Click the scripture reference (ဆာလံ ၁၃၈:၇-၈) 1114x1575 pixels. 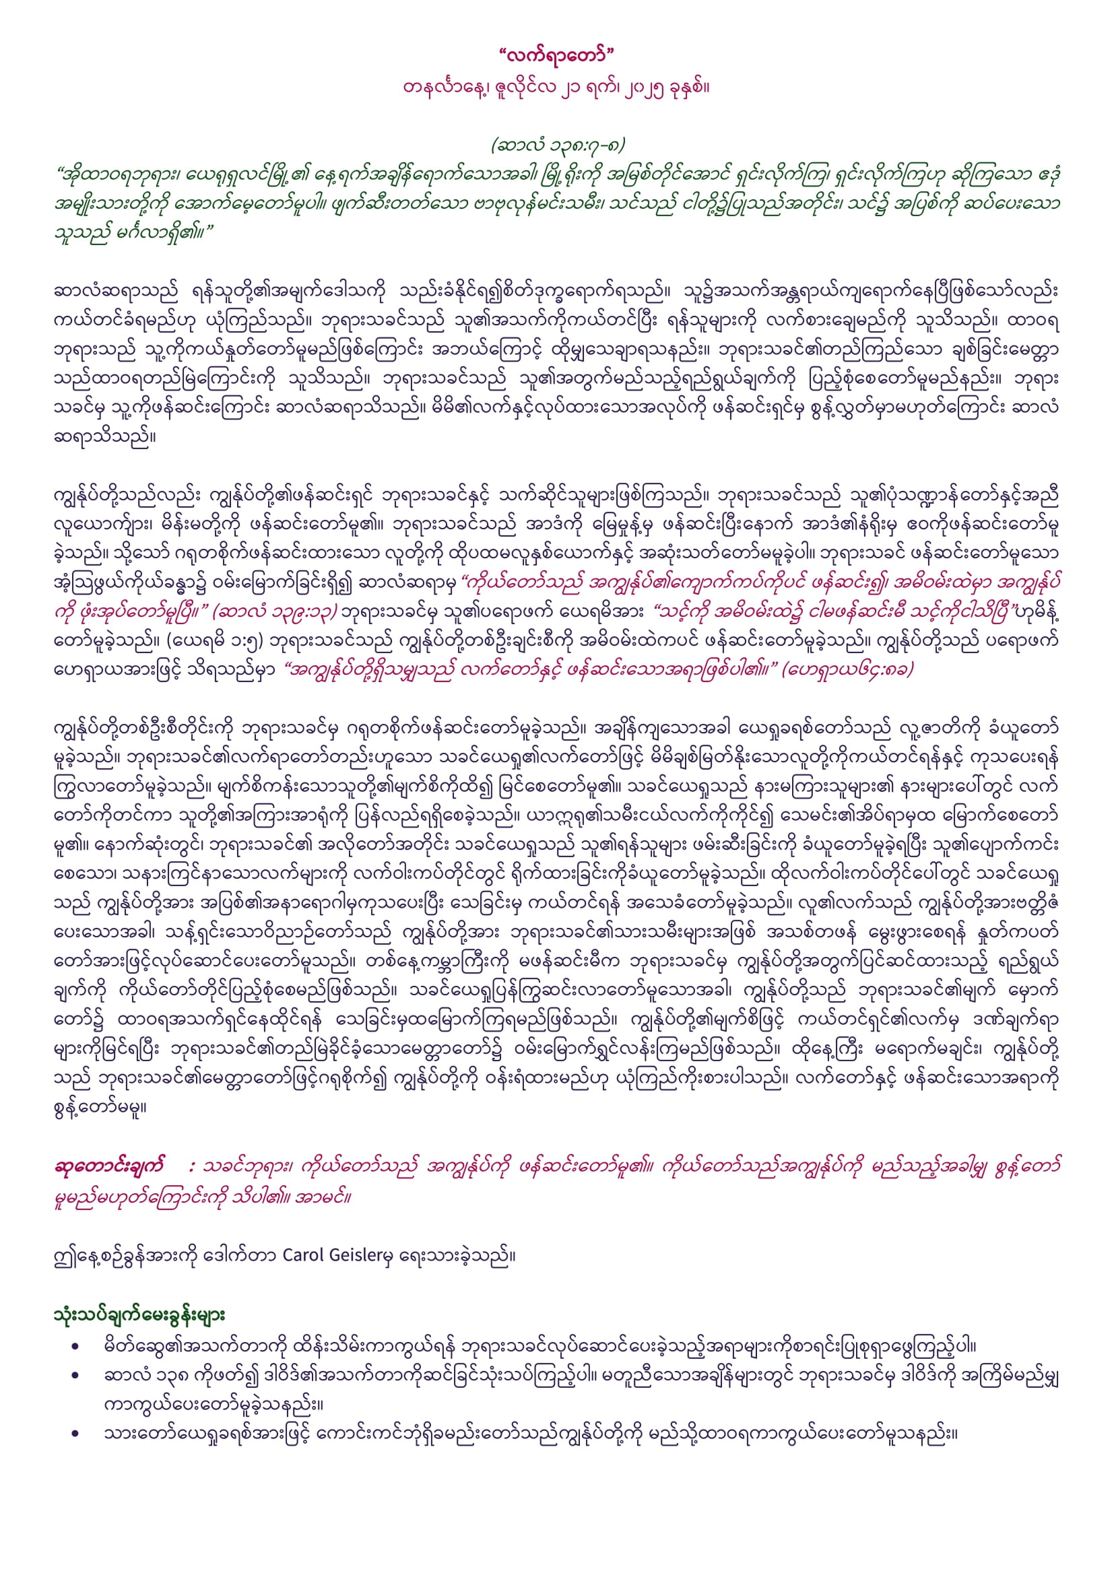point(557,145)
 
